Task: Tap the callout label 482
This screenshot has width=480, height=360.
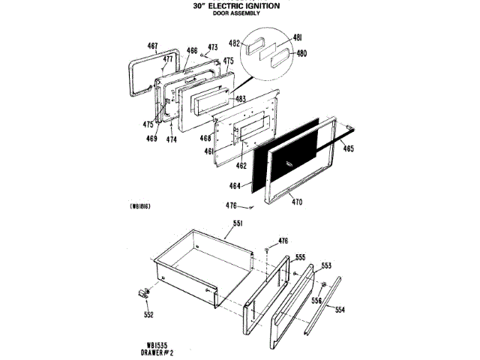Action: coord(235,43)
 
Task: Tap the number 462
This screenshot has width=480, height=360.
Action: coord(241,165)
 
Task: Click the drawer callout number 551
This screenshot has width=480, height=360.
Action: coord(238,223)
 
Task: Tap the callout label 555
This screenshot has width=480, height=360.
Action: coord(300,257)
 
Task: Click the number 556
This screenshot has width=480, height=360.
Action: coord(316,300)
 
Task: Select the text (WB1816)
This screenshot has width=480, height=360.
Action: coord(140,205)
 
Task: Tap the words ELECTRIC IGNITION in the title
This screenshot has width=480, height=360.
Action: coord(249,5)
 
